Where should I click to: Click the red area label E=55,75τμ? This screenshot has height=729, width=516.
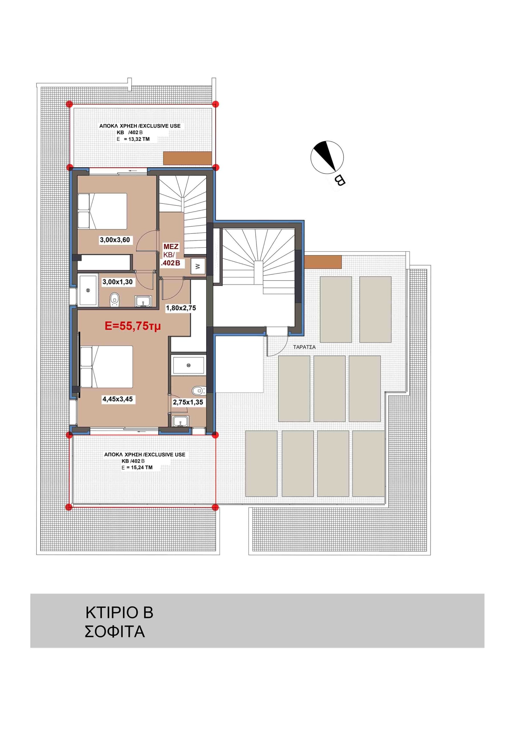point(133,326)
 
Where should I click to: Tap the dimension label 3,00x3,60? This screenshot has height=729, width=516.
point(115,240)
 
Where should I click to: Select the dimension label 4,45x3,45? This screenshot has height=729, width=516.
point(117,399)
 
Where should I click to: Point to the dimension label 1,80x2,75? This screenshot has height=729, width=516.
point(181,308)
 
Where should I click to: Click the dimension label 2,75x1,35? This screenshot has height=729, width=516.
point(188,402)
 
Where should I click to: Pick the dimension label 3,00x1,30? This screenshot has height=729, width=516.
point(117,282)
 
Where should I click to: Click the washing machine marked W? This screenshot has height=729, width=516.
point(198,266)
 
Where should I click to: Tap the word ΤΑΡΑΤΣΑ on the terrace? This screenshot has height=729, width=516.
point(304,347)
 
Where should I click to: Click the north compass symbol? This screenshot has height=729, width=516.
point(327,158)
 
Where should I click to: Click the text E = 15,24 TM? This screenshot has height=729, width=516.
point(137,467)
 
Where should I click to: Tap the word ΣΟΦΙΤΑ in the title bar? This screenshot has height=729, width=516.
point(115,632)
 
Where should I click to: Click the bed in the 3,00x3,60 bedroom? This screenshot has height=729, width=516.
point(102,211)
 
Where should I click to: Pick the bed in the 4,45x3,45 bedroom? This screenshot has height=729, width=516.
point(106,367)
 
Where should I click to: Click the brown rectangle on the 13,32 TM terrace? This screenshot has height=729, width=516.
point(188,158)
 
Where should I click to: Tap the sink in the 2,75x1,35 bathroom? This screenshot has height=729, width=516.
point(180,422)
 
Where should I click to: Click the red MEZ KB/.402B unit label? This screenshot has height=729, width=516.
point(171,255)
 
